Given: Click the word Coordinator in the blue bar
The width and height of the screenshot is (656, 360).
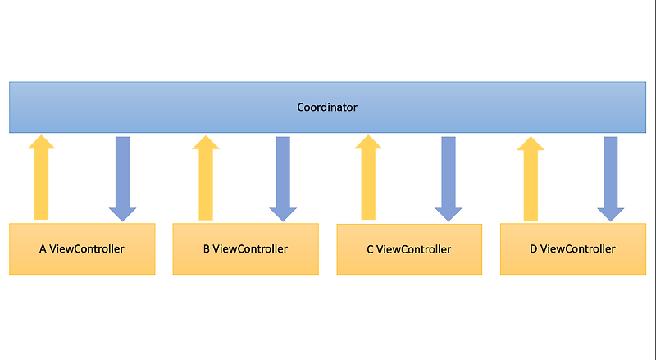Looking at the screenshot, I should point(327,107).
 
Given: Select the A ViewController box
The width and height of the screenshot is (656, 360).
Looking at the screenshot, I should point(82,248).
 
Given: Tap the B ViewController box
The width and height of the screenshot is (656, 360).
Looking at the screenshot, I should point(245,248).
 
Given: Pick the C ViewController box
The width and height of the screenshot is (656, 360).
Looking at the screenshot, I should point(409,249).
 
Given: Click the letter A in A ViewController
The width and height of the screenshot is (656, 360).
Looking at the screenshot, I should point(43,248).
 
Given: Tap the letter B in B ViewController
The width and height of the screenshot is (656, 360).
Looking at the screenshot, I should point(207,248).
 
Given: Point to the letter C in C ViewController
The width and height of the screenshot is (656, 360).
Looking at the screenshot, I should point(371,249).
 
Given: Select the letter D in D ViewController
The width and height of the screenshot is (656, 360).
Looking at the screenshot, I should point(534,248).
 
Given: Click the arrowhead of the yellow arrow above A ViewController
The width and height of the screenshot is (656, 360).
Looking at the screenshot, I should point(41,143).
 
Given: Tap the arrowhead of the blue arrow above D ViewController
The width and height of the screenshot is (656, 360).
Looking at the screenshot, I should point(611,214).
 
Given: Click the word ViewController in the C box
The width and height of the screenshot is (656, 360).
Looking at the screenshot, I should point(414,249).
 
